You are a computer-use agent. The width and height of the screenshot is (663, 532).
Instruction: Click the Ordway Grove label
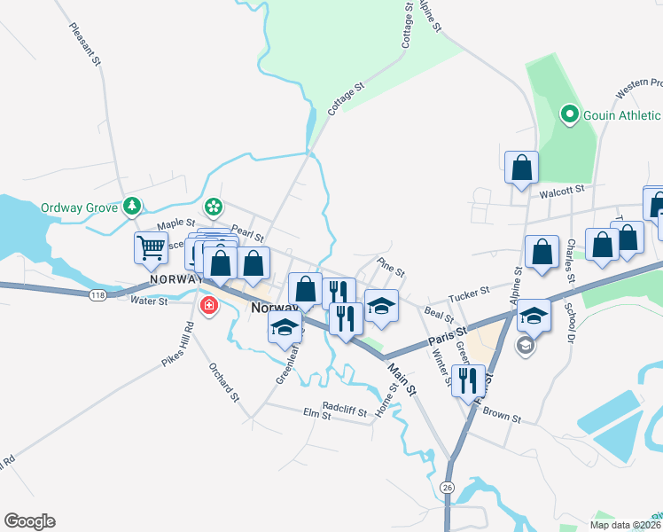[79, 208]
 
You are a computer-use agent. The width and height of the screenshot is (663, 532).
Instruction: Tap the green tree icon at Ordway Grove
[132, 206]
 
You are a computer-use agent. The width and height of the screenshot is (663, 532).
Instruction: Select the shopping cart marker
[151, 248]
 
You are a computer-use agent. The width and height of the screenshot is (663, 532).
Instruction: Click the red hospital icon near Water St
[209, 306]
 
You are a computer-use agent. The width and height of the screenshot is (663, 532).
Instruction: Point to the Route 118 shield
[97, 293]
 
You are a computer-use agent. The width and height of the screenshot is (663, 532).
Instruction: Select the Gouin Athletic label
[620, 115]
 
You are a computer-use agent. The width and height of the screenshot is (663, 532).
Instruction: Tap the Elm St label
[317, 414]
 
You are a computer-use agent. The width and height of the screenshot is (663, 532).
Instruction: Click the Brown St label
[502, 415]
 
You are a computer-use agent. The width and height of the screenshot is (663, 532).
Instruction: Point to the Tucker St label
[469, 292]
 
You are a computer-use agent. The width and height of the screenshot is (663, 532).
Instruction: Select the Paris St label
[448, 335]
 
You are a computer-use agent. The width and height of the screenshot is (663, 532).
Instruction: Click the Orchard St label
[224, 382]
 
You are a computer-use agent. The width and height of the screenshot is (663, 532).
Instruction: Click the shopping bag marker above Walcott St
[522, 167]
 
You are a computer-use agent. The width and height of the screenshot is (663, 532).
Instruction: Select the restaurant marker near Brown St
[468, 379]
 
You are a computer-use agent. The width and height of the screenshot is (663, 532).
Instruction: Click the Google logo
[29, 521]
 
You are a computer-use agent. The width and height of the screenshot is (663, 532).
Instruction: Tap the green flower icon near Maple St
[214, 207]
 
